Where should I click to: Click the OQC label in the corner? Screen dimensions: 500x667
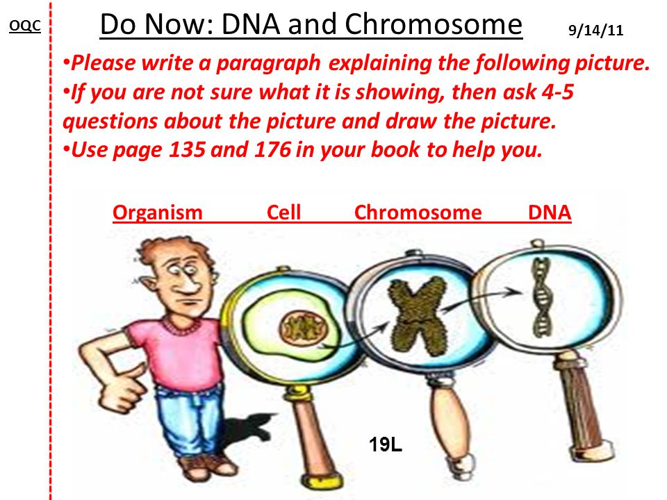click(x=25, y=26)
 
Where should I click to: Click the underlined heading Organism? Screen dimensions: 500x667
click(x=158, y=212)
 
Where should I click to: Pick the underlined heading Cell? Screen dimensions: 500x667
click(x=283, y=212)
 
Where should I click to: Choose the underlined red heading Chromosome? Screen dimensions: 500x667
click(x=418, y=212)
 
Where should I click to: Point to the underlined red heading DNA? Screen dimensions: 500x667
click(x=550, y=212)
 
